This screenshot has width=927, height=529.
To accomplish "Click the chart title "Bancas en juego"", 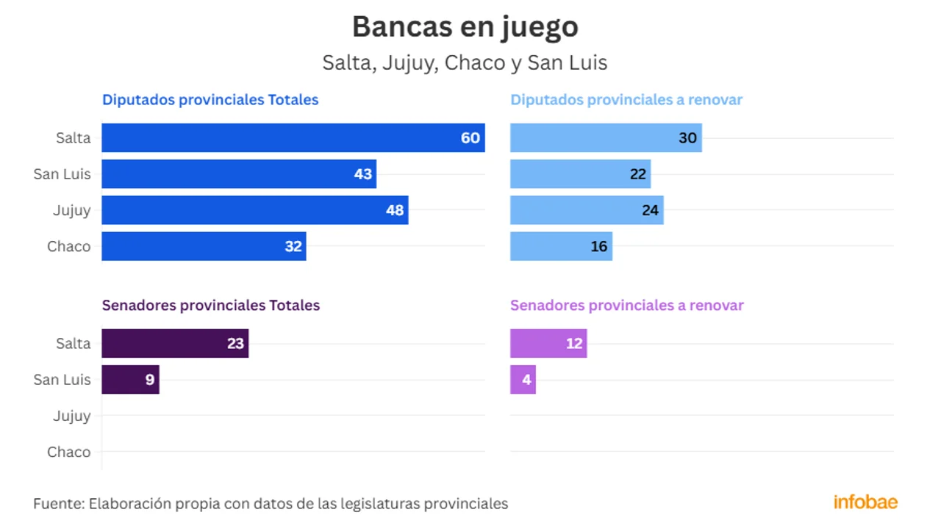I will pyautogui.click(x=465, y=27).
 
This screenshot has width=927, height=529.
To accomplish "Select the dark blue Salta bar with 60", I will pyautogui.click(x=293, y=138).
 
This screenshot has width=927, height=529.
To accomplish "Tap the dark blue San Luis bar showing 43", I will pyautogui.click(x=238, y=174).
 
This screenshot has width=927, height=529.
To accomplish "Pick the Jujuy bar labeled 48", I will pyautogui.click(x=254, y=210).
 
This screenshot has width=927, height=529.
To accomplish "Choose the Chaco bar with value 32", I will pyautogui.click(x=204, y=246).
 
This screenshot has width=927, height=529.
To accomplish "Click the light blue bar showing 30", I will pyautogui.click(x=606, y=138).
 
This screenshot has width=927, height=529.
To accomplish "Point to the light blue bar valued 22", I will pyautogui.click(x=580, y=174).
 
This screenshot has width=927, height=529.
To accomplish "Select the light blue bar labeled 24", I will pyautogui.click(x=587, y=210).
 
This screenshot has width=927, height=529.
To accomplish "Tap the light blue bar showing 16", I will pyautogui.click(x=561, y=246).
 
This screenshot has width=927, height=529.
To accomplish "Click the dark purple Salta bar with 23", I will pyautogui.click(x=175, y=343).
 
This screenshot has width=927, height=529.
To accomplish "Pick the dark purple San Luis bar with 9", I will pyautogui.click(x=130, y=380).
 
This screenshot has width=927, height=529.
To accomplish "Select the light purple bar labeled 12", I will pyautogui.click(x=548, y=343).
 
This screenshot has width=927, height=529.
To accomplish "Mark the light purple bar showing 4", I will pyautogui.click(x=523, y=380).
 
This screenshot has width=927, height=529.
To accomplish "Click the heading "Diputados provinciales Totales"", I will pyautogui.click(x=210, y=100).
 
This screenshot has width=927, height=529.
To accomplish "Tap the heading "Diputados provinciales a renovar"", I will pyautogui.click(x=626, y=100).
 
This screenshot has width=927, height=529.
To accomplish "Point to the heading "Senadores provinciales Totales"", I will pyautogui.click(x=211, y=305).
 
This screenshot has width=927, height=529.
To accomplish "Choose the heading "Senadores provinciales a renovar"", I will pyautogui.click(x=627, y=305).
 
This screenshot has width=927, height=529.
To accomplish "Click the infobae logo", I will pyautogui.click(x=865, y=503).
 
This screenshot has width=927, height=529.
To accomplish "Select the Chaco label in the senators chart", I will pyautogui.click(x=69, y=452).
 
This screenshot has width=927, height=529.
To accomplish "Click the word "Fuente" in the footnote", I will pyautogui.click(x=57, y=504).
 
